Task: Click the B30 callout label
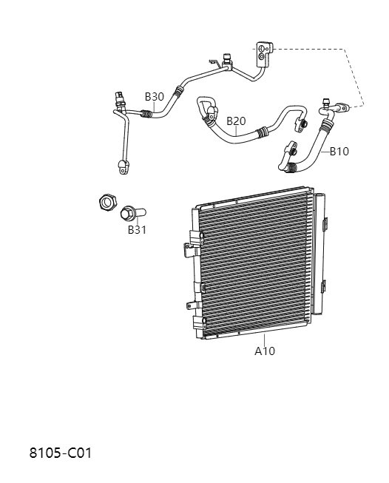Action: [x=154, y=97]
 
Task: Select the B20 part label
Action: [x=236, y=121]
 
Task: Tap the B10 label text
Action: [x=339, y=151]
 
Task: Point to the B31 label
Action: [x=137, y=229]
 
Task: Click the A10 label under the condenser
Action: [x=265, y=351]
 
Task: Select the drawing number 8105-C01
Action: [x=61, y=452]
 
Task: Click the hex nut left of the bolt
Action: [x=106, y=201]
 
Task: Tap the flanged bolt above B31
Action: [x=130, y=213]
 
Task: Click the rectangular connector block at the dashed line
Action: [x=264, y=51]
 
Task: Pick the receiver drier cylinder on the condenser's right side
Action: [x=320, y=251]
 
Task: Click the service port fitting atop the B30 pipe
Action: [x=226, y=59]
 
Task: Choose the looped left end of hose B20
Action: [x=205, y=107]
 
